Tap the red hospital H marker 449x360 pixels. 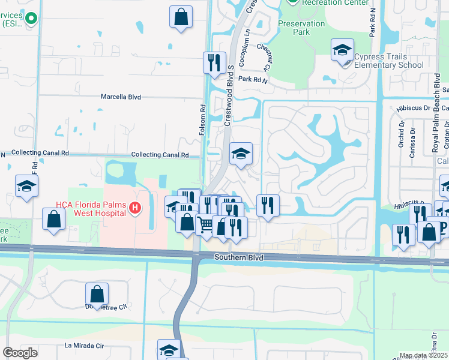[135, 209]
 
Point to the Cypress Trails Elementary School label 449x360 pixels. [388, 61]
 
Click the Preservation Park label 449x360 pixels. [301, 28]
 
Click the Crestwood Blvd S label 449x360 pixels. [229, 96]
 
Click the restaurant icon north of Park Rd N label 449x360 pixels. [214, 62]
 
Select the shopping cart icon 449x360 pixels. [206, 225]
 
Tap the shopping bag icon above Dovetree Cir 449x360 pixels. [97, 294]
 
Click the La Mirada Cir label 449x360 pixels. [84, 346]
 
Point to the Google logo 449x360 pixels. [20, 353]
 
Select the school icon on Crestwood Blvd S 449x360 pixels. [241, 154]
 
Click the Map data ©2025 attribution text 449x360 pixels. [424, 356]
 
